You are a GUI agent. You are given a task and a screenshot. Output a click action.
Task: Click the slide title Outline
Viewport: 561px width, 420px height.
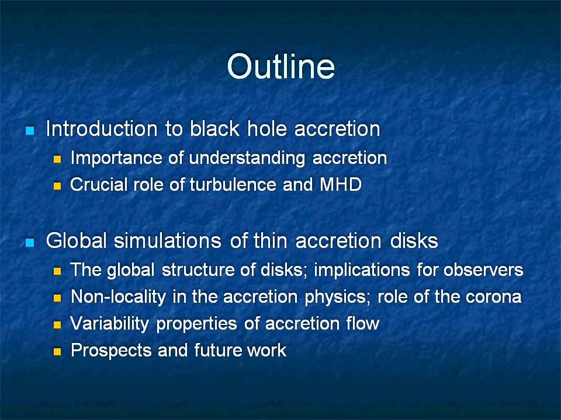click(281, 66)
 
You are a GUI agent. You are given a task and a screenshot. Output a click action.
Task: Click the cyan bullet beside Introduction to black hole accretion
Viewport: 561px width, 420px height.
click(30, 130)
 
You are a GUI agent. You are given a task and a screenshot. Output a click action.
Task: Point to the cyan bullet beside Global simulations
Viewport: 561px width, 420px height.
click(30, 243)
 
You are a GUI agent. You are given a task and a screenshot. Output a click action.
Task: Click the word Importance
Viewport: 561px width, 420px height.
click(117, 158)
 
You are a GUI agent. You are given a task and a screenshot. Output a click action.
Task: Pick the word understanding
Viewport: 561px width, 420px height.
click(247, 159)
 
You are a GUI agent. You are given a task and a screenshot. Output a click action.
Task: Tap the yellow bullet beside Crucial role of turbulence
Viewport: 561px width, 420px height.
click(57, 185)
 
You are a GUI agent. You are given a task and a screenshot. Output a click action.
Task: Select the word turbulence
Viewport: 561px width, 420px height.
click(233, 185)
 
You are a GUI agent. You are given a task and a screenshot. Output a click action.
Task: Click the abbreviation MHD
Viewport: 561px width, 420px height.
click(340, 185)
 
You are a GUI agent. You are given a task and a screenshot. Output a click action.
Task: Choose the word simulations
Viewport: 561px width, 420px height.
click(168, 241)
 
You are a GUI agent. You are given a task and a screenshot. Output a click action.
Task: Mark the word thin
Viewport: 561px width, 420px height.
click(271, 241)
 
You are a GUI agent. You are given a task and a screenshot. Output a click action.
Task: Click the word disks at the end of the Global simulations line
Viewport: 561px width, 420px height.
click(414, 241)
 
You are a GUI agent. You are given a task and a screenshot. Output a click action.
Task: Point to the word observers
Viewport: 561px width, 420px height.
click(483, 269)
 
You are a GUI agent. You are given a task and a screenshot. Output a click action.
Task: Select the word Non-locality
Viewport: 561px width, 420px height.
click(119, 297)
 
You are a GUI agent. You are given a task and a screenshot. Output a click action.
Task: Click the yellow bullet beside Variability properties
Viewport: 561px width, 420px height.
click(57, 325)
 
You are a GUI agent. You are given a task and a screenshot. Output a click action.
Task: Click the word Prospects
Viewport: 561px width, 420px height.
click(111, 351)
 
